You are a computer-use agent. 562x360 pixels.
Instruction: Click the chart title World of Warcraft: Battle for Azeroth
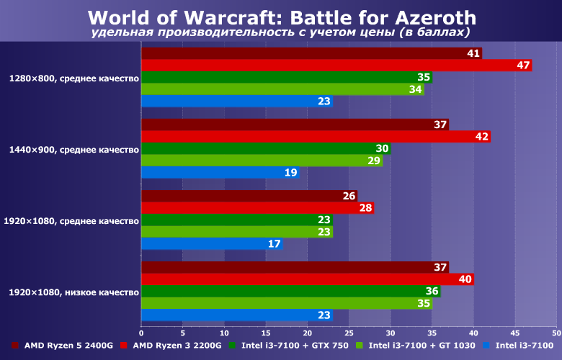click(x=282, y=17)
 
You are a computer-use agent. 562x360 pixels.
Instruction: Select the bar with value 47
click(x=336, y=66)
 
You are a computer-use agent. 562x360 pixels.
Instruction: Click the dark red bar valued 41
click(x=311, y=53)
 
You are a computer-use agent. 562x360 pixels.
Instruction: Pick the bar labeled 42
click(x=316, y=137)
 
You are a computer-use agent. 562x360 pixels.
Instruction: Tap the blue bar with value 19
click(x=220, y=173)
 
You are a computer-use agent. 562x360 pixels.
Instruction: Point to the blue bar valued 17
click(x=212, y=244)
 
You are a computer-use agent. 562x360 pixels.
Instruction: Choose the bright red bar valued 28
click(x=257, y=208)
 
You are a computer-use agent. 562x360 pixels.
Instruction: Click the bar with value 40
click(x=307, y=279)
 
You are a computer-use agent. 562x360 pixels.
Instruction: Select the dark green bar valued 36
click(x=290, y=292)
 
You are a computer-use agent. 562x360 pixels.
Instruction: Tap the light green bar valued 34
click(x=282, y=89)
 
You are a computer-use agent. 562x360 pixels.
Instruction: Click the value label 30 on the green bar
click(x=383, y=149)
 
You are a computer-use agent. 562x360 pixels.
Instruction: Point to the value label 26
click(x=349, y=196)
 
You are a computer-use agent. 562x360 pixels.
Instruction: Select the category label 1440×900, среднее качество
click(x=74, y=150)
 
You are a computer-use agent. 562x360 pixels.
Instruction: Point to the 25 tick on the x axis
click(x=349, y=333)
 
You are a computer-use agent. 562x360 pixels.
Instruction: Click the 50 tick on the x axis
click(x=556, y=333)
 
